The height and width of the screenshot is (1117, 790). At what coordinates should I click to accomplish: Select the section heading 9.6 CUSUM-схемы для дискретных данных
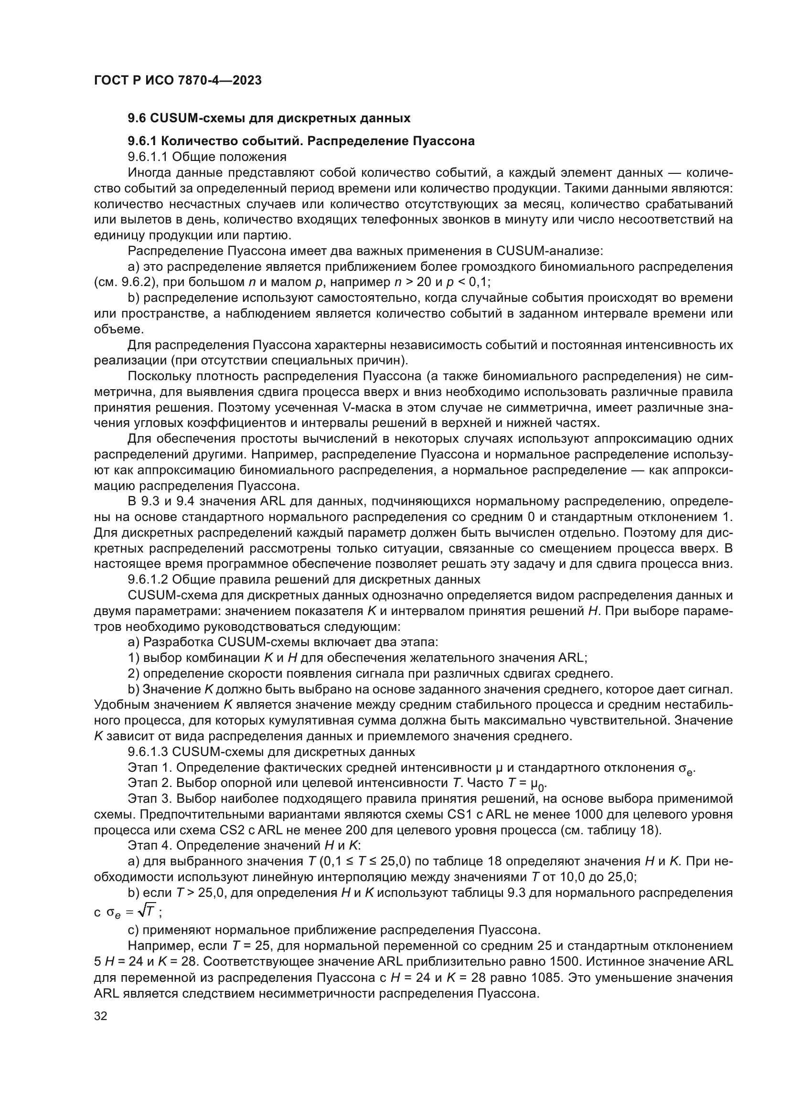tap(269, 118)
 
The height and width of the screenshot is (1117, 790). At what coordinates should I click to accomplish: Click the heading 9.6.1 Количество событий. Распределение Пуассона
tap(301, 141)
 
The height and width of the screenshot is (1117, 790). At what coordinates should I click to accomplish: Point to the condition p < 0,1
tap(467, 282)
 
